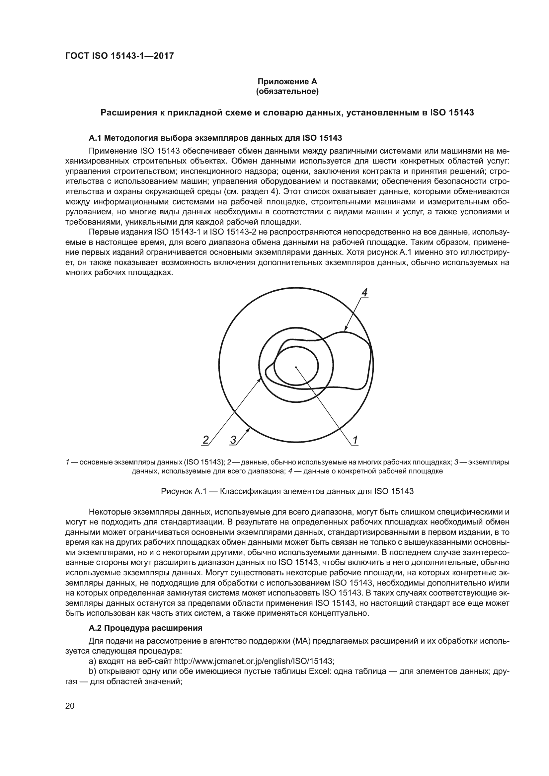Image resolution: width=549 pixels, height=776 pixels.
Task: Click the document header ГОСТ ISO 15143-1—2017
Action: click(x=119, y=56)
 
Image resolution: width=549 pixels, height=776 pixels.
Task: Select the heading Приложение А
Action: click(x=287, y=82)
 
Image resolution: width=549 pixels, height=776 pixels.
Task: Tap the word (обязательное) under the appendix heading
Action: click(x=287, y=91)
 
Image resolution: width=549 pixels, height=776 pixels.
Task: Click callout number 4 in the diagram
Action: click(x=364, y=293)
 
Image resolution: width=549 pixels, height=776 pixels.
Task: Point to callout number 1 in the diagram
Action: click(x=355, y=440)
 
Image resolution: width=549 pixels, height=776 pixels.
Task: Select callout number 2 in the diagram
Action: click(x=205, y=440)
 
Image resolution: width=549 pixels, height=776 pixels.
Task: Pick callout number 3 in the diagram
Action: click(x=233, y=440)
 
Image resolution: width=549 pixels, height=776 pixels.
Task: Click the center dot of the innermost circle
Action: click(x=296, y=367)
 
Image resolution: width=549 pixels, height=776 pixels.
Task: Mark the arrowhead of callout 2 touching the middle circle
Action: click(x=260, y=380)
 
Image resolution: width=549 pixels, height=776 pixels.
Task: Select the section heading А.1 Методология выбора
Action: click(x=215, y=138)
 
